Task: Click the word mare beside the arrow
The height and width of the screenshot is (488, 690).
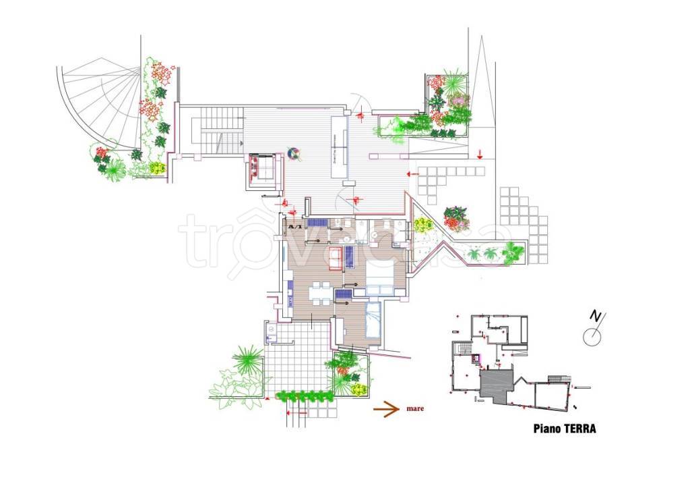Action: [x=415, y=408]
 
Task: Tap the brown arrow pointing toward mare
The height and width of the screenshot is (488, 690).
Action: [x=386, y=408]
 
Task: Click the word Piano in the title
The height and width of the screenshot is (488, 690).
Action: [x=547, y=428]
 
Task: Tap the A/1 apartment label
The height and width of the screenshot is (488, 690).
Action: [x=294, y=227]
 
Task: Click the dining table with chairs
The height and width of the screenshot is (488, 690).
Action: [x=321, y=294]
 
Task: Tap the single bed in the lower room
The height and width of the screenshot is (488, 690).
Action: [x=373, y=319]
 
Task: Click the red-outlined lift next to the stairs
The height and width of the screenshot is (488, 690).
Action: [x=262, y=167]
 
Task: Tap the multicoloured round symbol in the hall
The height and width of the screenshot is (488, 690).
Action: [x=294, y=154]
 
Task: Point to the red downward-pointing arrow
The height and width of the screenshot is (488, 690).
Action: [x=480, y=154]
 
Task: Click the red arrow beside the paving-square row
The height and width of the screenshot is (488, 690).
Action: [x=412, y=174]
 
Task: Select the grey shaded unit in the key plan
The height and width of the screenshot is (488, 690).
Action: [x=497, y=385]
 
